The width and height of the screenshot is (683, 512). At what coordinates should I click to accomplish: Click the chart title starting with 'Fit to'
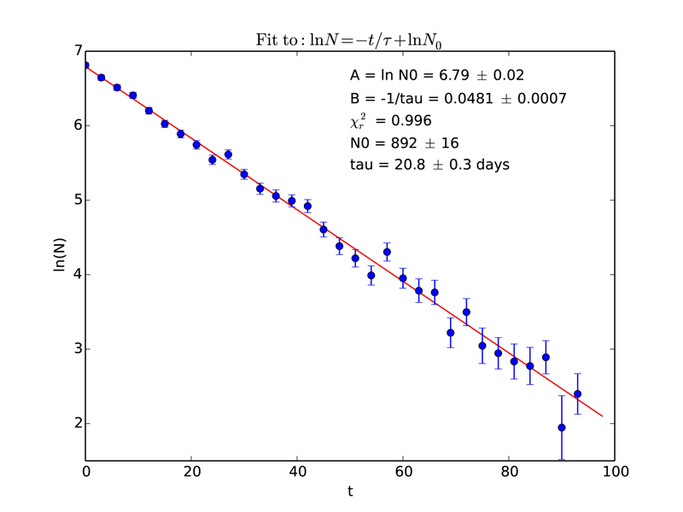350,39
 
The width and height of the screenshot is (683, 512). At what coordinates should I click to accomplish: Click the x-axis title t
350,492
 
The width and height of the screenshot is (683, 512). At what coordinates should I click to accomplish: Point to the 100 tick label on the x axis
614,471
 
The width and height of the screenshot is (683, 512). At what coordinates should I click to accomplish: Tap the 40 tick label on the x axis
297,471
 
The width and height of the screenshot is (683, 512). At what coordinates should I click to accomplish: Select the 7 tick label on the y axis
76,51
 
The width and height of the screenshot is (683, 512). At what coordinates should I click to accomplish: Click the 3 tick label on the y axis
76,349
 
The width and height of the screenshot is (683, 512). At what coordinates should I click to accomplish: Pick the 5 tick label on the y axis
76,201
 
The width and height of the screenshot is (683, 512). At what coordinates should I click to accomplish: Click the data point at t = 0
85,65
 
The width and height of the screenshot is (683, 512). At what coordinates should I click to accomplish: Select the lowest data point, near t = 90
562,428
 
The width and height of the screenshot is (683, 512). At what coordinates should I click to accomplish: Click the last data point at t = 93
577,394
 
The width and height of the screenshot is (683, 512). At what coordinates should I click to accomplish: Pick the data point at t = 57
387,252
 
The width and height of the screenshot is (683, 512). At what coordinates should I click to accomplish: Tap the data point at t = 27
228,154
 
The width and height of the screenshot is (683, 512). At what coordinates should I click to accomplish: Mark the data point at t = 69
450,333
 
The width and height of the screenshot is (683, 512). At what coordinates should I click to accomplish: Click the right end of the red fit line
603,416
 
